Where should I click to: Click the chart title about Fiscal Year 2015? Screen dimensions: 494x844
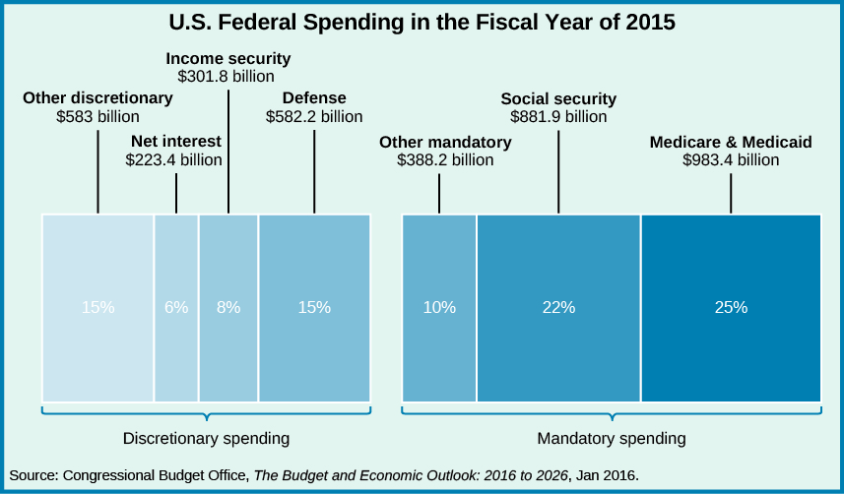click(x=422, y=23)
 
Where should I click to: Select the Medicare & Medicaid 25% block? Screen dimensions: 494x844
click(x=731, y=307)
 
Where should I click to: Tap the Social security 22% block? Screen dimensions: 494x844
click(x=558, y=307)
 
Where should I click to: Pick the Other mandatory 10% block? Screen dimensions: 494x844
click(x=439, y=307)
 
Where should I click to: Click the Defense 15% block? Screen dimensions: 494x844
click(x=314, y=307)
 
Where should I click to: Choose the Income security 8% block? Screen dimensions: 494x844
click(x=228, y=307)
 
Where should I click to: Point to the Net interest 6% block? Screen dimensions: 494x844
click(x=176, y=307)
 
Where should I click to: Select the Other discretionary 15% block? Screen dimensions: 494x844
click(x=97, y=307)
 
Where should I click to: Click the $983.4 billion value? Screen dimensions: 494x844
click(x=731, y=159)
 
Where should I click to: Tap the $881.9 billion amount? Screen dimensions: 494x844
click(x=558, y=116)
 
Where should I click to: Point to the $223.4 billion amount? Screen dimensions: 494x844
click(x=174, y=159)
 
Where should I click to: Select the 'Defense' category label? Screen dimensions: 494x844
click(x=314, y=98)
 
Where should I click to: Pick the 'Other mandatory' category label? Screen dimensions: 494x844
click(x=445, y=143)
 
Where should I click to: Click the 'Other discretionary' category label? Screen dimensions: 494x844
click(x=97, y=98)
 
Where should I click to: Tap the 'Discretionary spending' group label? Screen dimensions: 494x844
click(x=206, y=437)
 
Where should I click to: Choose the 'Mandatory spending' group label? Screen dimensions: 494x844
click(x=612, y=437)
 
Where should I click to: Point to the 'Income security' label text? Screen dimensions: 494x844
click(x=228, y=57)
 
